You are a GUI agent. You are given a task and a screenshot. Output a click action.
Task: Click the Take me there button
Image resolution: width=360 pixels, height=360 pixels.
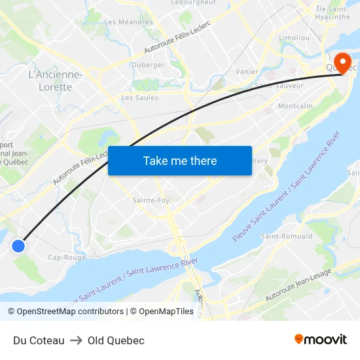click(x=180, y=160)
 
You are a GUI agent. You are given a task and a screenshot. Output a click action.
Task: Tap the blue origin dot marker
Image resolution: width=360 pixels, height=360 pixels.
click(x=18, y=246)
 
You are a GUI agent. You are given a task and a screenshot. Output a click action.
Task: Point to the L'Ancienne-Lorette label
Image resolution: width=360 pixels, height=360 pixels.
click(x=56, y=81)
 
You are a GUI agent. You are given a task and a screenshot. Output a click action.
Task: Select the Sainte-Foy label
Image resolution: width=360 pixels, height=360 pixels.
click(x=152, y=200)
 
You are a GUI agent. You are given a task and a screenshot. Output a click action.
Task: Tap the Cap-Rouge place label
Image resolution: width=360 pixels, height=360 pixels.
click(x=67, y=257)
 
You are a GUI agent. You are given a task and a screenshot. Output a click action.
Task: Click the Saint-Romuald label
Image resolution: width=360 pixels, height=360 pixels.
click(x=286, y=236)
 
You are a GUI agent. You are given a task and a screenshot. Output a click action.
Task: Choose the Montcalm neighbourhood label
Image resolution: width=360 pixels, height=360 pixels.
click(x=295, y=105)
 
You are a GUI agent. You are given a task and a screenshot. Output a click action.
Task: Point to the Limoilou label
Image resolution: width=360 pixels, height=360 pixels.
click(x=294, y=38)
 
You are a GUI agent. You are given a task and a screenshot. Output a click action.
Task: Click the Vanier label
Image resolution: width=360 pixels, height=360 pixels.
click(x=247, y=71)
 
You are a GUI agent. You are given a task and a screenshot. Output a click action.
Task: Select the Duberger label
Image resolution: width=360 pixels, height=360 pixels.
click(x=148, y=65)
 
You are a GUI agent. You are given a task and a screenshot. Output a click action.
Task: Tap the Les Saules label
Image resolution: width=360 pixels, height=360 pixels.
click(x=139, y=98)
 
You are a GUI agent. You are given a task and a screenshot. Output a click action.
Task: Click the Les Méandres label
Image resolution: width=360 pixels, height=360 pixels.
click(x=128, y=22)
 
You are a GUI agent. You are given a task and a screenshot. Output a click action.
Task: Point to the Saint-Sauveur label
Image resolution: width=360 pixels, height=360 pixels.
click(x=279, y=86)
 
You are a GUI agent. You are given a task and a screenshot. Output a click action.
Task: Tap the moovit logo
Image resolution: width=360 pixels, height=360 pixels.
click(x=321, y=340)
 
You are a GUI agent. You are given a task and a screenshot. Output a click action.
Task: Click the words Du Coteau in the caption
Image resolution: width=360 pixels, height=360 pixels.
click(x=39, y=340)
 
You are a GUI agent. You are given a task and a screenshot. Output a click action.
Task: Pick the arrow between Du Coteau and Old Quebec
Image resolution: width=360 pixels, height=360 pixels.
click(x=76, y=340)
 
